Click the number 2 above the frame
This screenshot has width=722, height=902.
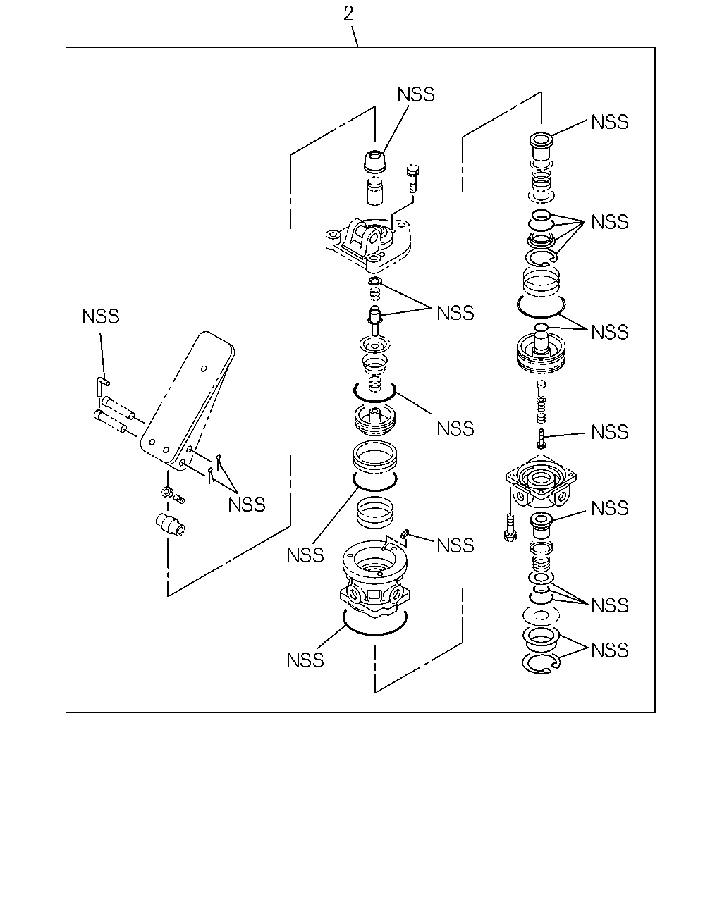pos(348,14)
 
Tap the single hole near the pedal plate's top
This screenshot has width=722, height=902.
pos(204,369)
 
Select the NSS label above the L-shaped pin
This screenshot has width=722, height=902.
pos(101,316)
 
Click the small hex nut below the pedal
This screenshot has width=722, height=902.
pos(166,492)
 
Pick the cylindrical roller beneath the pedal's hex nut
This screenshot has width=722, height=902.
pos(171,524)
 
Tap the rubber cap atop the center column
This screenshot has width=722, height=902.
pos(374,161)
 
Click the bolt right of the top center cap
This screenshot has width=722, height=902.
pos(412,178)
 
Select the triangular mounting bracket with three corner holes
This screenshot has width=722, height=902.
pos(368,243)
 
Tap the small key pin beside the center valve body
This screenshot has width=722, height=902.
pos(405,533)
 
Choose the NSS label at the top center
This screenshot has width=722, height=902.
pos(416,94)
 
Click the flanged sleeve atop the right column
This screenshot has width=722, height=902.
pos(541,145)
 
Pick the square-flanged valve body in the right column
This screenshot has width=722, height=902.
pos(541,481)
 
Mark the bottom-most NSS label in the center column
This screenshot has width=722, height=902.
pos(305,661)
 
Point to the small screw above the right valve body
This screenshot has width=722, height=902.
pos(541,439)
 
